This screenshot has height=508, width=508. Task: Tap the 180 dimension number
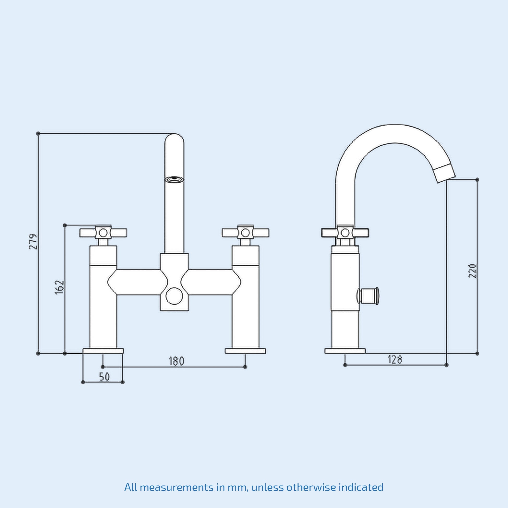[x=176, y=361]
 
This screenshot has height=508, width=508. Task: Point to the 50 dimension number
[x=104, y=377]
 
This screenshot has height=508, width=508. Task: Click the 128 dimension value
[x=395, y=360]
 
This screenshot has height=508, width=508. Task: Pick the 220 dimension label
[x=472, y=271]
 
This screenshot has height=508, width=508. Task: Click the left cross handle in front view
[x=103, y=233]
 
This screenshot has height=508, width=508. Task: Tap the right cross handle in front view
[x=245, y=233]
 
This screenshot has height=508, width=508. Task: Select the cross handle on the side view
[x=345, y=233]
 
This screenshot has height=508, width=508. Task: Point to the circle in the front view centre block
[x=174, y=296]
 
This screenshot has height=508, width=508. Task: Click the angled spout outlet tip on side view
[x=445, y=173]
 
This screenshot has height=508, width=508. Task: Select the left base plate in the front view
[x=103, y=351]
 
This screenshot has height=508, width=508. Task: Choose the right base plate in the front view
[x=245, y=351]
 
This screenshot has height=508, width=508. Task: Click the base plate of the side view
[x=345, y=351]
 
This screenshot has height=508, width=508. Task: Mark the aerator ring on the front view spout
[x=174, y=179]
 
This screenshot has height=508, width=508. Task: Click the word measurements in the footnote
[x=176, y=487]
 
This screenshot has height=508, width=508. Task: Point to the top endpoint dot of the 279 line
[x=38, y=134]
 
